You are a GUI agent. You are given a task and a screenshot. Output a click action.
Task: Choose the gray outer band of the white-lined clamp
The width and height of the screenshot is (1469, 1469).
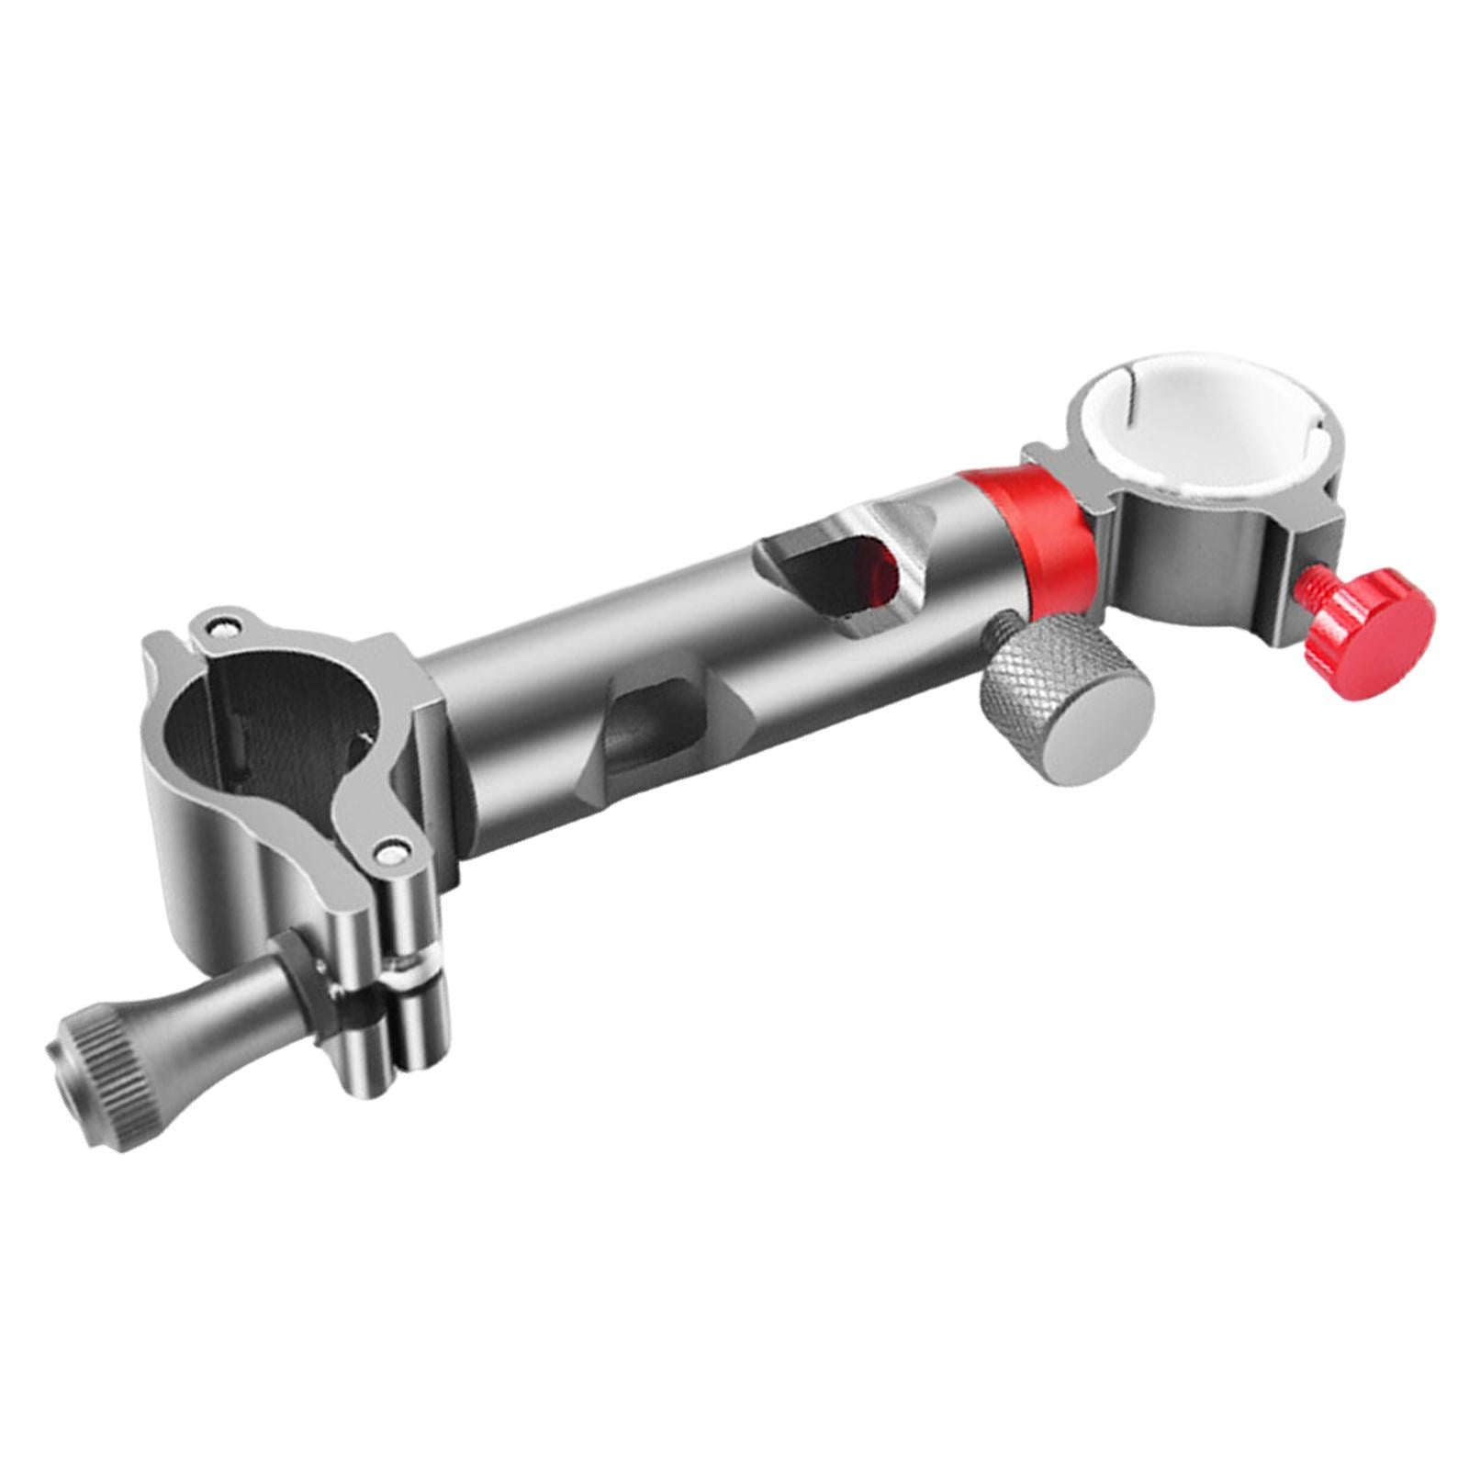(x=1184, y=542)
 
